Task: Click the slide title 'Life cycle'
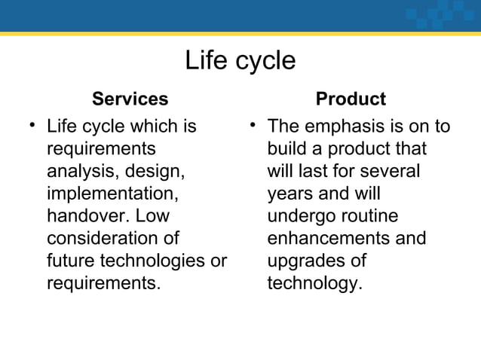point(240,60)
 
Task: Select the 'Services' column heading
point(130,99)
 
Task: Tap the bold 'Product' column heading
point(351,99)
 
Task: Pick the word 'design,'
point(155,169)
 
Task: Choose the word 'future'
point(69,261)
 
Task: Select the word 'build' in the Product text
point(289,147)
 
